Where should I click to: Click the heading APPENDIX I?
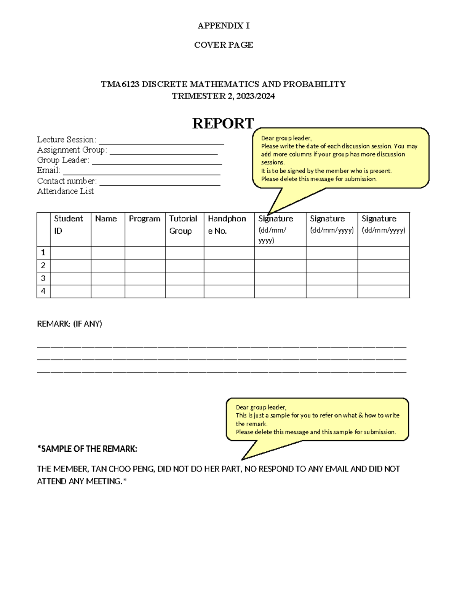click(x=224, y=25)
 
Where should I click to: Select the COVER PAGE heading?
click(x=224, y=45)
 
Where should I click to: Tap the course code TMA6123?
click(x=120, y=84)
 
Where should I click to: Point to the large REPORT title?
click(x=223, y=123)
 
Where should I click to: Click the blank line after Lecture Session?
click(x=161, y=141)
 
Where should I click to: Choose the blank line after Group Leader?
click(x=157, y=161)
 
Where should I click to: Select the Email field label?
click(x=48, y=170)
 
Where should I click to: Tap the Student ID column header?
click(x=68, y=225)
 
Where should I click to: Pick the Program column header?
click(x=145, y=219)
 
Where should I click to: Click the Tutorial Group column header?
click(x=183, y=225)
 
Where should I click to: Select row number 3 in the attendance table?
click(x=43, y=278)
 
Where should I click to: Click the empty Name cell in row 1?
click(x=108, y=253)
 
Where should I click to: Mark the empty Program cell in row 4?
click(x=145, y=292)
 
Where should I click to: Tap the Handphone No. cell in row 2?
click(x=229, y=266)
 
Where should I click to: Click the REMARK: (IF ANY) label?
click(x=69, y=324)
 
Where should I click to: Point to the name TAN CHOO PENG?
click(x=123, y=469)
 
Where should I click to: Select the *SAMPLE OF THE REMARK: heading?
click(x=87, y=449)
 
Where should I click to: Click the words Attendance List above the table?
click(x=66, y=191)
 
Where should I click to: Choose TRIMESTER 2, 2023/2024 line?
click(x=223, y=96)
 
